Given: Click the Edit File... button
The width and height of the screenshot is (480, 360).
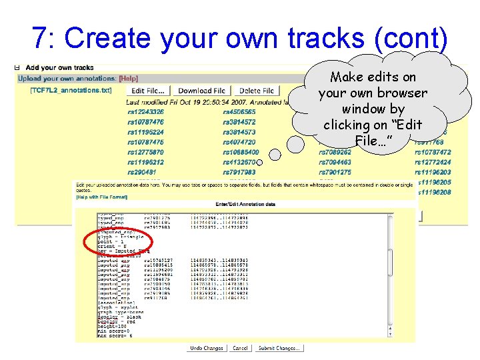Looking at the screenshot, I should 148,91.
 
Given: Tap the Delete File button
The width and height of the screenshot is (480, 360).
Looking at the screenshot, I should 257,91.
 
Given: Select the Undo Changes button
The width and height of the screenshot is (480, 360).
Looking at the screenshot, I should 207,348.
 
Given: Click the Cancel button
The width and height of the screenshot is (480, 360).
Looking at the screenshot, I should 240,348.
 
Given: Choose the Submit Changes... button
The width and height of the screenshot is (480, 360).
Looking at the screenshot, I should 279,348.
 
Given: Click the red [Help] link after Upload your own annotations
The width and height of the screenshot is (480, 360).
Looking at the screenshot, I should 128,79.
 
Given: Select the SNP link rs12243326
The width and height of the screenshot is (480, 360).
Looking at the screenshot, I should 145,112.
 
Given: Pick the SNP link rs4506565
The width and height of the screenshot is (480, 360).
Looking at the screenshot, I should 239,112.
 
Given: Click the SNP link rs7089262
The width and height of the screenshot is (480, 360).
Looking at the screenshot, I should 335,152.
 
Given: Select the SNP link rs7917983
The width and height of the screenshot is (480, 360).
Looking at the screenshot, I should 239,172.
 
